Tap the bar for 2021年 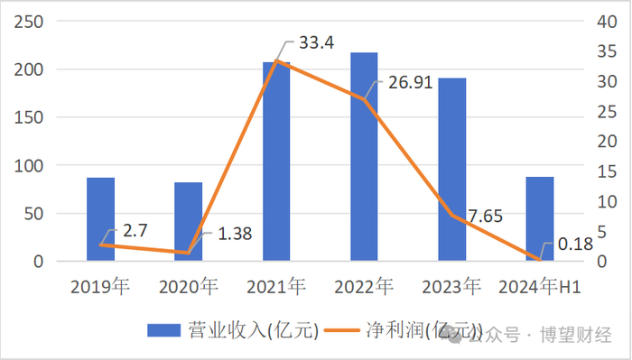276,162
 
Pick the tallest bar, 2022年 364,158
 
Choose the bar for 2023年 451,171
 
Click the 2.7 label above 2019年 135,231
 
